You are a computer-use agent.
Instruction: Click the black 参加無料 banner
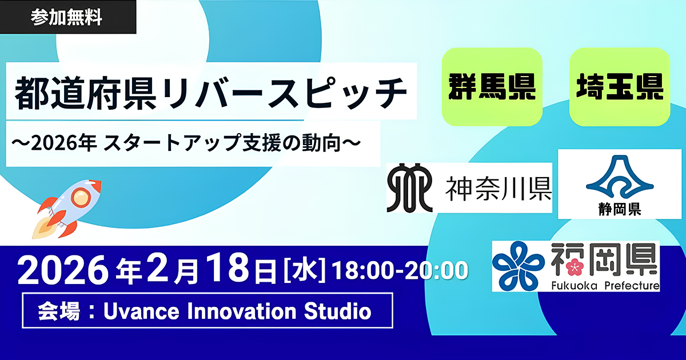click(x=68, y=17)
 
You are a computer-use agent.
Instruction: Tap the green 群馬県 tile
click(x=492, y=87)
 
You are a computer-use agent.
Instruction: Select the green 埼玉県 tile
click(x=620, y=87)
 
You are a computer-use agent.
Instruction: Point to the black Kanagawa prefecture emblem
click(x=410, y=188)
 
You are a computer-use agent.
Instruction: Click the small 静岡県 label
click(x=620, y=210)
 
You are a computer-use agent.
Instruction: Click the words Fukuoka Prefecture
click(x=605, y=286)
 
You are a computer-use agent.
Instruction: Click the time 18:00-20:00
click(x=400, y=270)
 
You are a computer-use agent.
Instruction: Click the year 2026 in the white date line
click(x=63, y=270)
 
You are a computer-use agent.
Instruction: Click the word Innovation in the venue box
click(x=242, y=311)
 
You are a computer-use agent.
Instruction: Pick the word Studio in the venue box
click(x=338, y=311)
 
